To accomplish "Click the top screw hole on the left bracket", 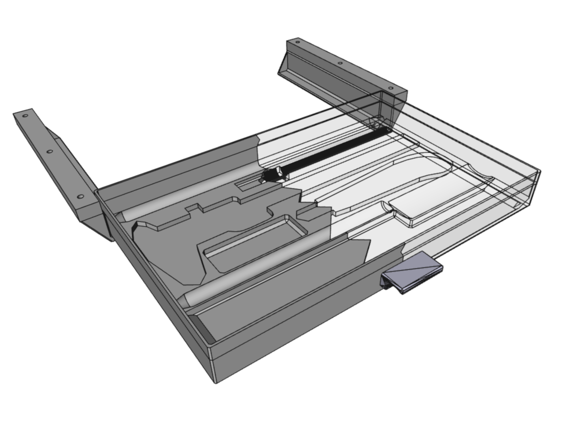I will click(25, 116).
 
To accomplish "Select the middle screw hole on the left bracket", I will click(49, 151).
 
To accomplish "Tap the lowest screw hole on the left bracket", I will click(80, 197).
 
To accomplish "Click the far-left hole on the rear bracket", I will click(298, 43).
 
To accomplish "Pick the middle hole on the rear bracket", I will click(340, 63).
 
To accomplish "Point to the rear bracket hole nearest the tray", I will click(390, 88).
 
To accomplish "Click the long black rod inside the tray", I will click(331, 149).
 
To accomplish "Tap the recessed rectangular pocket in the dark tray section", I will click(254, 242).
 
